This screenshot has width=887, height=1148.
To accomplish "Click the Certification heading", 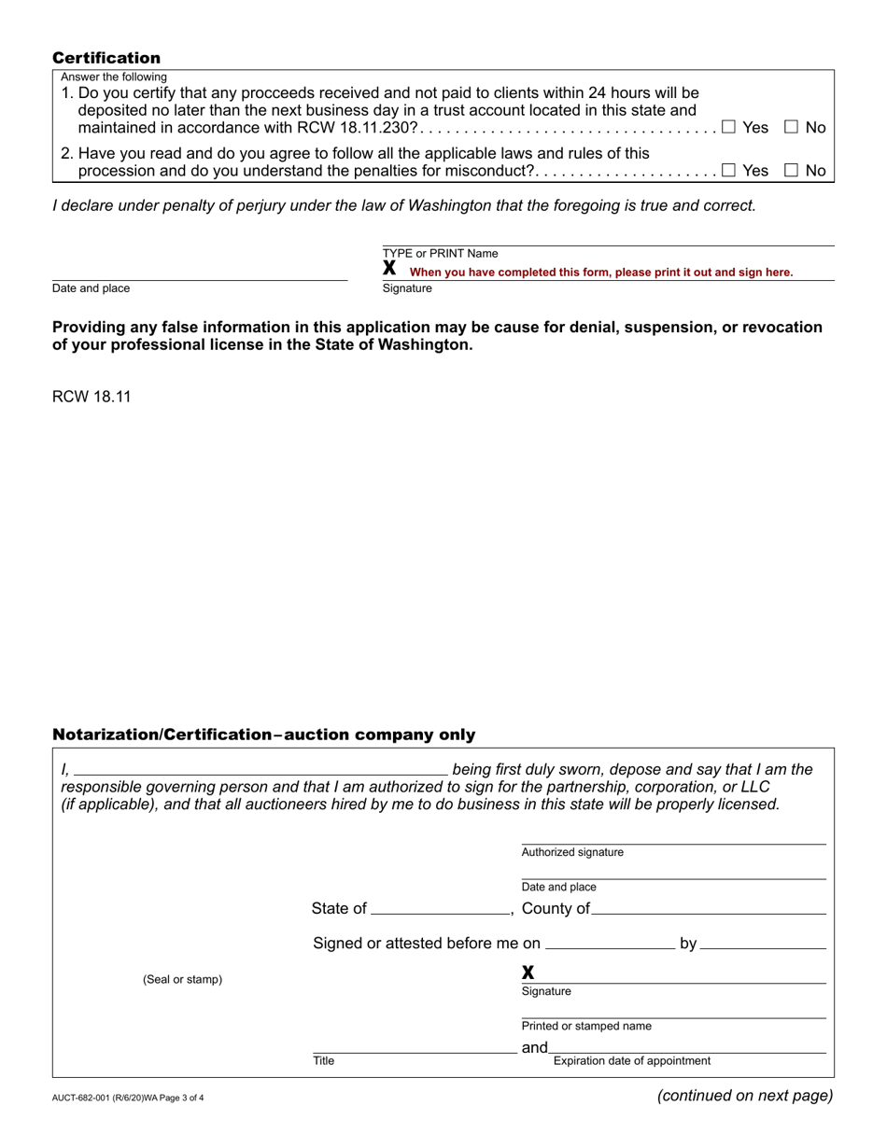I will click(x=106, y=58).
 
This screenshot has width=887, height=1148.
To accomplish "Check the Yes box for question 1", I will click(x=728, y=127).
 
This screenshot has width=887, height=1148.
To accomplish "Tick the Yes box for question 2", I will click(x=728, y=170).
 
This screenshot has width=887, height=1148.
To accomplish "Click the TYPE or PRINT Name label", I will click(x=440, y=254).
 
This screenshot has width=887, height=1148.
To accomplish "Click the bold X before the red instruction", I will click(x=390, y=269).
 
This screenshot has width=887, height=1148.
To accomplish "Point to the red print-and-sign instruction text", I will click(x=601, y=273).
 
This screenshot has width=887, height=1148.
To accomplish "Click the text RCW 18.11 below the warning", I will click(x=92, y=396).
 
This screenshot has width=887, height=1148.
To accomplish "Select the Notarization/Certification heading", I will click(x=263, y=735).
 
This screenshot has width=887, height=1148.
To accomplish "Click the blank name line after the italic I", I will click(x=260, y=771).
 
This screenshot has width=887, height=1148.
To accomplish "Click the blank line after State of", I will click(x=439, y=910).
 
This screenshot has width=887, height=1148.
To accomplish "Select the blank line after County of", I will click(x=709, y=910).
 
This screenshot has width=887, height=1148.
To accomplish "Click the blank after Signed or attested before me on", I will click(x=609, y=945).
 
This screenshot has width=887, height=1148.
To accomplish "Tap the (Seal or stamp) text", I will click(x=182, y=980).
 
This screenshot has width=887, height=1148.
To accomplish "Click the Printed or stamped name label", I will click(x=586, y=1027).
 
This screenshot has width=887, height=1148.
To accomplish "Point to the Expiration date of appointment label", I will click(x=631, y=1061).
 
